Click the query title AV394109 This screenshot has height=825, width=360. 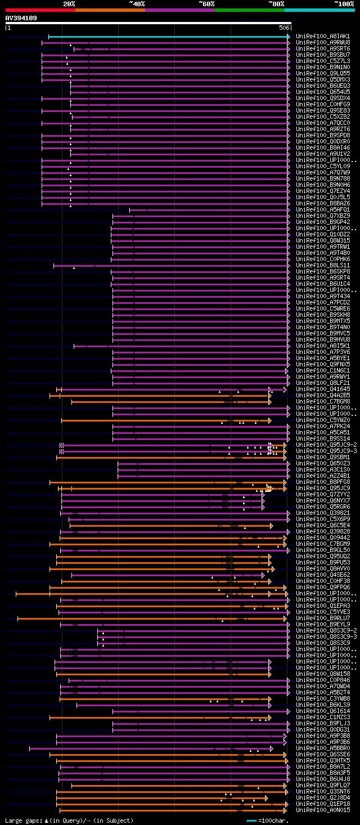[x=21, y=18]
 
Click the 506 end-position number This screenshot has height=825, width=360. [x=284, y=28]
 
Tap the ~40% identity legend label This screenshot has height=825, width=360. [x=137, y=3]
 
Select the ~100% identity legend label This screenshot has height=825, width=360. [x=344, y=3]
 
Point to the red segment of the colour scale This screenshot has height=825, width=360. [x=40, y=10]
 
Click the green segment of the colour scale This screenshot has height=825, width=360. [x=249, y=10]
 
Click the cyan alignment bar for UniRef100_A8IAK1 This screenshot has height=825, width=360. [x=169, y=37]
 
